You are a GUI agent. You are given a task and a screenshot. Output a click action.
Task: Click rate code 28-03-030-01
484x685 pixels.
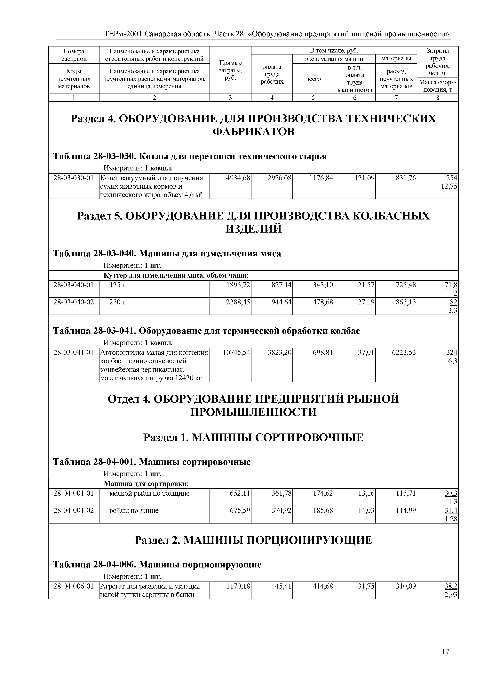pyautogui.click(x=74, y=178)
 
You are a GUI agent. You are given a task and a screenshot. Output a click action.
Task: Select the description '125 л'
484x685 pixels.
pyautogui.click(x=118, y=285)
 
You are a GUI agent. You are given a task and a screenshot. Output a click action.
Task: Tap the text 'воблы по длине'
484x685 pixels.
pyautogui.click(x=134, y=510)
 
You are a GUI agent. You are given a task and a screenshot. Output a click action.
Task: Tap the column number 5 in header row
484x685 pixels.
pyautogui.click(x=313, y=98)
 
